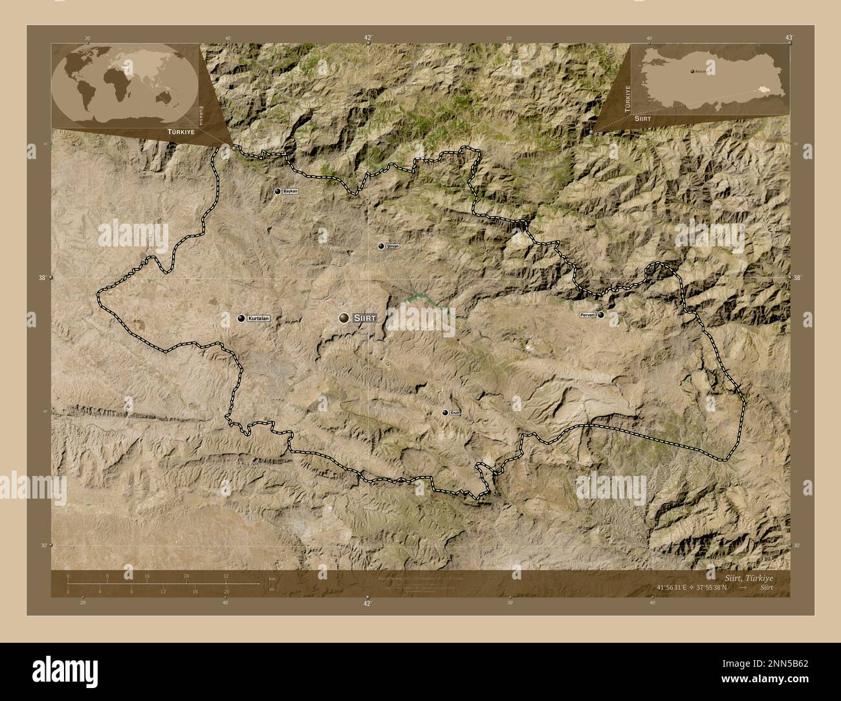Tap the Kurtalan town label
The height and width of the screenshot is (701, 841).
click(257, 318)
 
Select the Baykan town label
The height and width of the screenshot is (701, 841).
click(290, 191)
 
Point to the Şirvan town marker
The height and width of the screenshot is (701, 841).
click(381, 246)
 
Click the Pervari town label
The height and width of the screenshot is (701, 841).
click(587, 315)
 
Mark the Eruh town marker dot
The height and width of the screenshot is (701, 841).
click(444, 413)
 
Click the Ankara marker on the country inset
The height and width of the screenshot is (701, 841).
click(692, 71)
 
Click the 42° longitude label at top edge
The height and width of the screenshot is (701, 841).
click(367, 38)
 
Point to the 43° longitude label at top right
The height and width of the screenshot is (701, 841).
click(789, 38)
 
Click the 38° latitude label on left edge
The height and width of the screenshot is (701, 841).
click(42, 277)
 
